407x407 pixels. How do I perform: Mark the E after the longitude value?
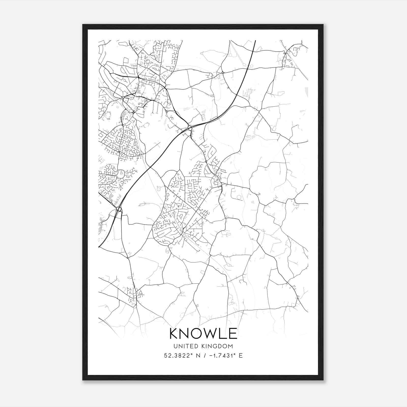pyautogui.click(x=241, y=356)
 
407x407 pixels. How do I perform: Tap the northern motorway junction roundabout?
pyautogui.click(x=190, y=127)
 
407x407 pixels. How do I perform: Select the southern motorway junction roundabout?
pyautogui.click(x=119, y=209)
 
